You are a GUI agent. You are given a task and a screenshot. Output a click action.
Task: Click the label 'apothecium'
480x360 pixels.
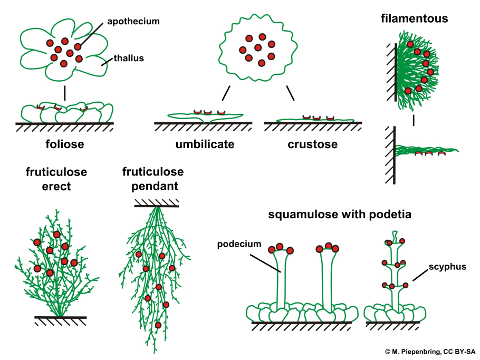tap(133, 22)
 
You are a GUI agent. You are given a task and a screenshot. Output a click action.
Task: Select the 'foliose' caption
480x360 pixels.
tap(65, 144)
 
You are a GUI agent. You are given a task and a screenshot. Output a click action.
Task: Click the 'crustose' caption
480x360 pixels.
tap(313, 144)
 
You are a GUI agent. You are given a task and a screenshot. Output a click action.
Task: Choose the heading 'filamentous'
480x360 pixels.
tap(414, 19)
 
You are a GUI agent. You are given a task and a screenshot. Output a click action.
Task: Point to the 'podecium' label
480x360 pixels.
tap(239, 244)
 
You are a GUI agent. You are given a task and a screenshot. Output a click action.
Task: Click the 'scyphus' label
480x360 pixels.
tap(448, 267)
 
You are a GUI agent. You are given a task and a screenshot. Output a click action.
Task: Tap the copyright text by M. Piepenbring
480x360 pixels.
tap(430, 351)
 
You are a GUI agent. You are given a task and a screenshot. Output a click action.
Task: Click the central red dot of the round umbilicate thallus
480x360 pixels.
tap(258, 48)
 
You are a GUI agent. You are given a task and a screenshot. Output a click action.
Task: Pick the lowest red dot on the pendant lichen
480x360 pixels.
tap(158, 325)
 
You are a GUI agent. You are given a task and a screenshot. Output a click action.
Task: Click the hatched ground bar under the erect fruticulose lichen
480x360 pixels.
tap(61, 318)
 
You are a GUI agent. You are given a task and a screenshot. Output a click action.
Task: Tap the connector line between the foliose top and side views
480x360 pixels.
tap(65, 93)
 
